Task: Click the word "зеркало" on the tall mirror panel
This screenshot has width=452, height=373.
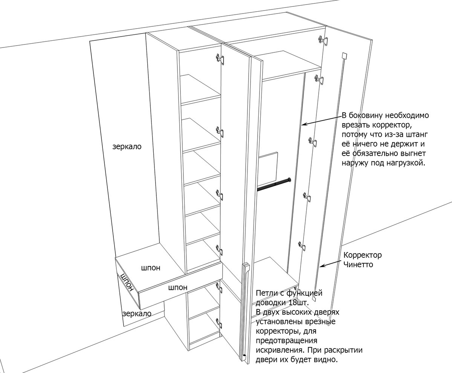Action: point(127,147)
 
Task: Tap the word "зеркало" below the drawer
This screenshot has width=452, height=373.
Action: point(137,313)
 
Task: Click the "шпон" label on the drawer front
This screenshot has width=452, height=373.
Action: point(178,288)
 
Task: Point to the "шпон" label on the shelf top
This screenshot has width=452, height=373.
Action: point(150,268)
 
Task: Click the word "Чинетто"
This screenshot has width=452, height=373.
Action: point(358,264)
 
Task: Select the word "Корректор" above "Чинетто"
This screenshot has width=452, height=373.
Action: point(362,255)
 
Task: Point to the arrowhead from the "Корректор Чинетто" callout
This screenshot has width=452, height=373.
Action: point(321,267)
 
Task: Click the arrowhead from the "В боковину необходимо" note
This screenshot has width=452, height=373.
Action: point(303,124)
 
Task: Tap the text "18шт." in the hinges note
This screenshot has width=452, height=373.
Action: point(301,302)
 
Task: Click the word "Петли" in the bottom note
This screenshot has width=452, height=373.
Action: point(264,293)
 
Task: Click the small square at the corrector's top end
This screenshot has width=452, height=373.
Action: point(343,56)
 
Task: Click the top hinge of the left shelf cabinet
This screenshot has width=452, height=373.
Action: point(219,58)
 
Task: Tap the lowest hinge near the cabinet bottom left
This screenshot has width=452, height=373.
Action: point(218,322)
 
